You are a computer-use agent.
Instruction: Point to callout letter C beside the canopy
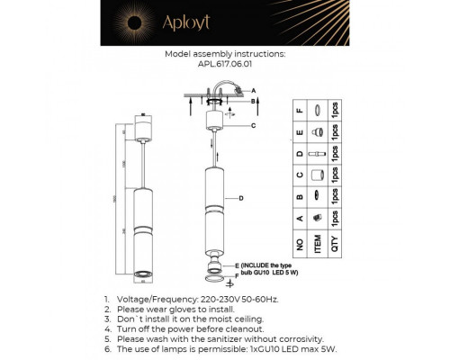(x=254, y=125)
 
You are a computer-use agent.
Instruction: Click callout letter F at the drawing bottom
(x=237, y=274)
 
